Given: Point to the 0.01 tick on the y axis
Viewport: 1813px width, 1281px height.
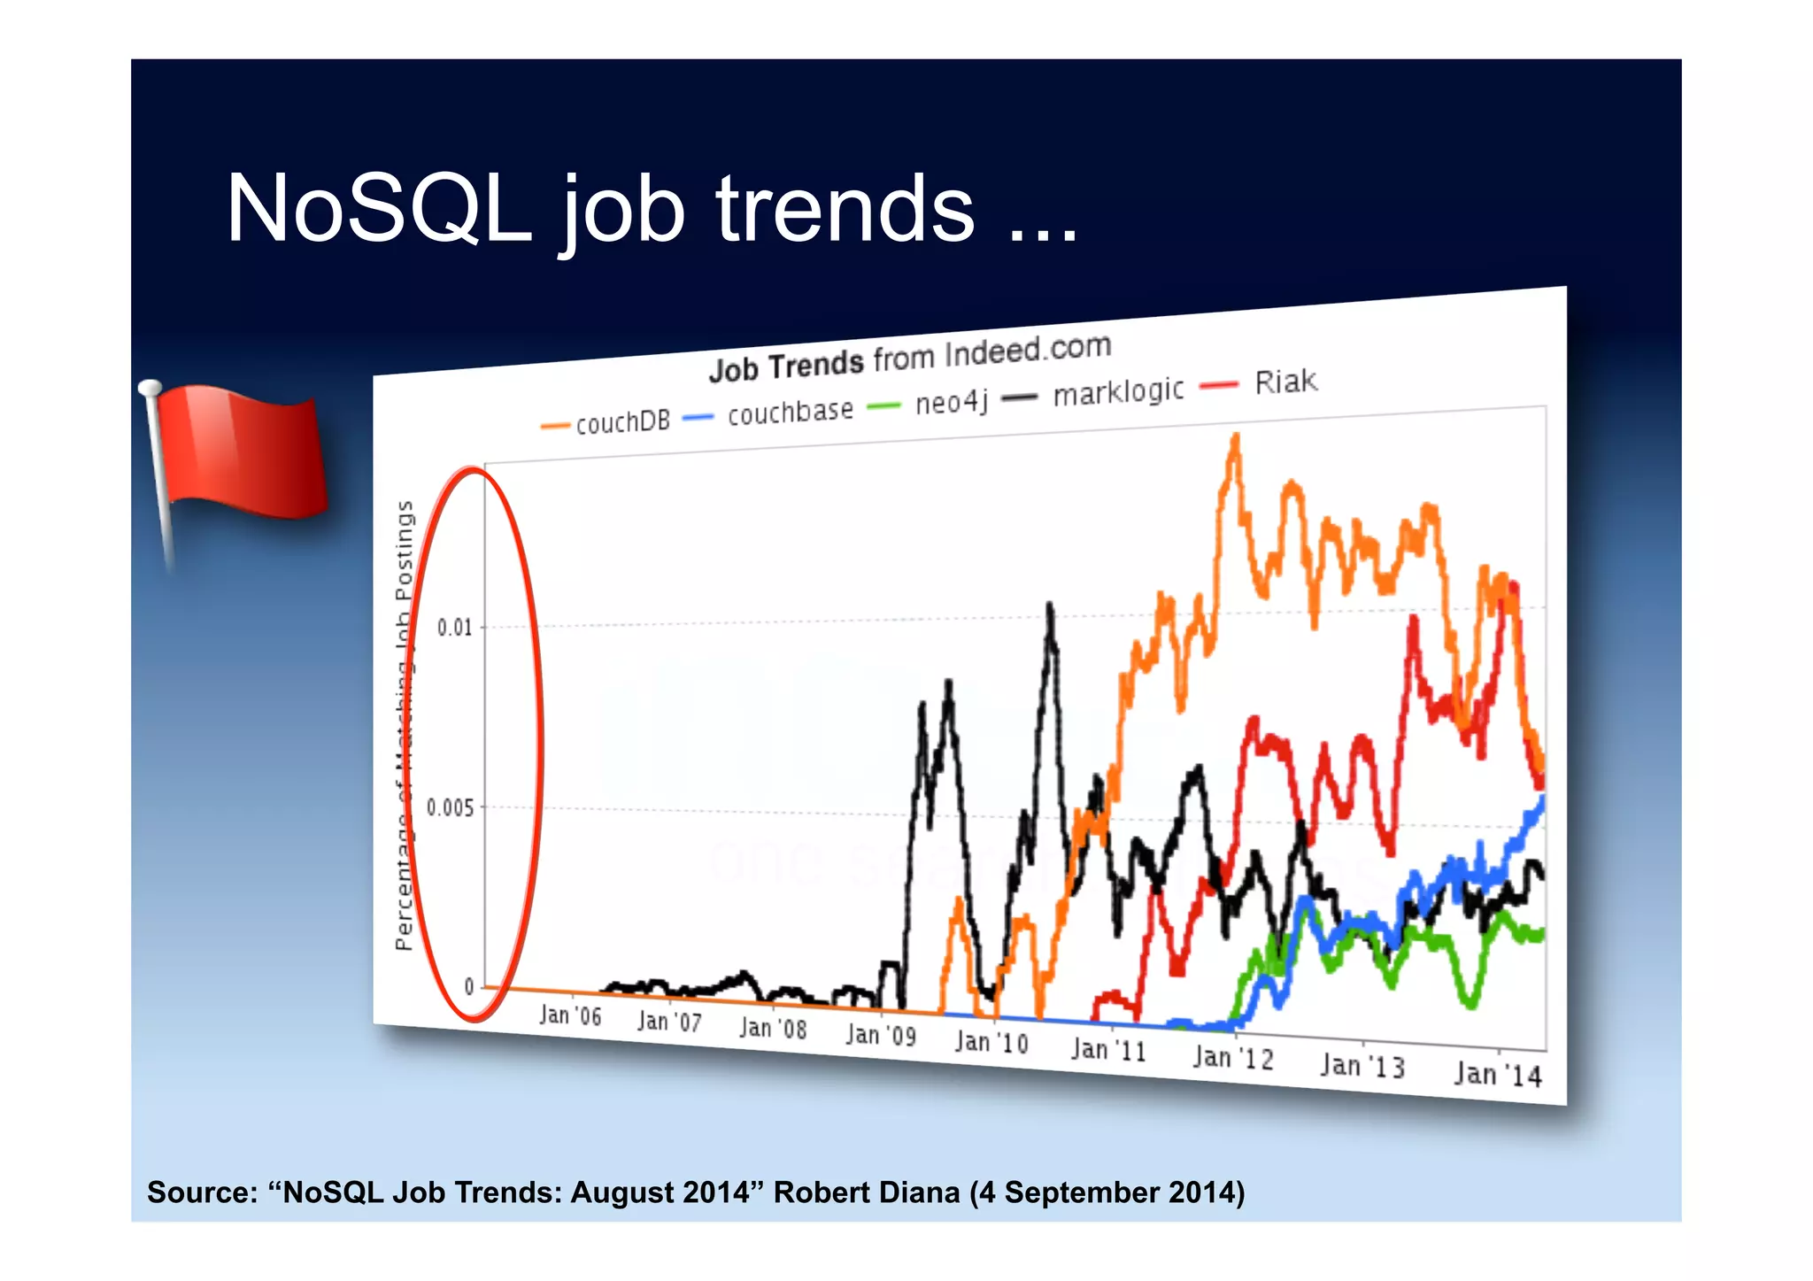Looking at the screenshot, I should [x=455, y=628].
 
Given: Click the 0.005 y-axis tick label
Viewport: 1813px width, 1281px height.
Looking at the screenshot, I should [x=451, y=807].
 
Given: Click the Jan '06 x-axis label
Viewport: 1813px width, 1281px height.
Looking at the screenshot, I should [x=569, y=1015].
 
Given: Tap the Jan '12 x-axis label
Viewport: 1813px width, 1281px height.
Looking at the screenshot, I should [x=1232, y=1057].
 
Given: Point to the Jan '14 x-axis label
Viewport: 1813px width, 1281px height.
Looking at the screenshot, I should [x=1498, y=1074].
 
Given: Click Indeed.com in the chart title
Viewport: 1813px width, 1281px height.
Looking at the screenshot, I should [x=1027, y=351].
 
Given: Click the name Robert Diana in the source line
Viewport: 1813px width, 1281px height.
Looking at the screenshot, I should [x=867, y=1192].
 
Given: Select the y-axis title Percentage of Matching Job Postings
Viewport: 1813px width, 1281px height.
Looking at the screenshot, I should [x=405, y=726].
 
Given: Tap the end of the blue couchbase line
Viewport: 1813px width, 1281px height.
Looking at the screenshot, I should [x=1543, y=799].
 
